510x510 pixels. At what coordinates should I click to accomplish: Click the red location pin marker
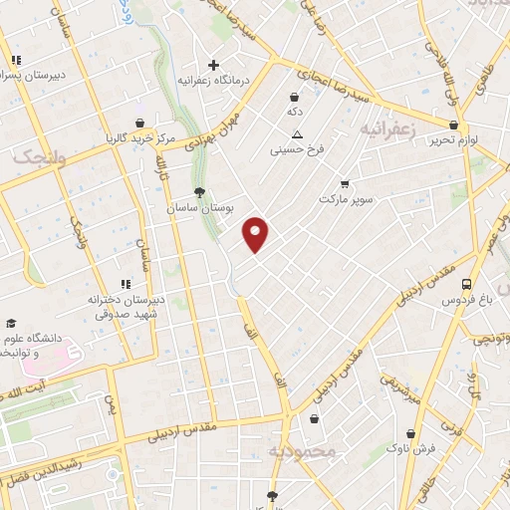257,234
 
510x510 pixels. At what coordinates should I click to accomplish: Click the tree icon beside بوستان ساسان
201,192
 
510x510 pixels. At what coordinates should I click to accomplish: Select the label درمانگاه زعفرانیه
212,81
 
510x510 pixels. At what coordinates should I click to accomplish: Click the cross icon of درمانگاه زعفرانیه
213,65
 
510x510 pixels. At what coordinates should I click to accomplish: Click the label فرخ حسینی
296,150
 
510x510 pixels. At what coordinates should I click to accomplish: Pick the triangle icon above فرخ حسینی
297,134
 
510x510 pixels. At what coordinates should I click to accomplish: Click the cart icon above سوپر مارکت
345,184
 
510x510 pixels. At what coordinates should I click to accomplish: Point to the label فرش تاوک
412,447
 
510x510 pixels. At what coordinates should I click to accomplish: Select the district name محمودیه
304,452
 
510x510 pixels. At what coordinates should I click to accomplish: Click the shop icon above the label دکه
295,98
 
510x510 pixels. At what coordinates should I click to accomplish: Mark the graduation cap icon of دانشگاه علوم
11,323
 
